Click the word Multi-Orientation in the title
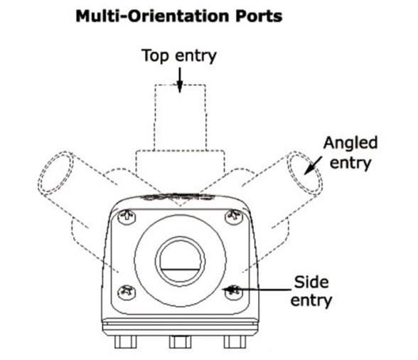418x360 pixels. tap(153, 16)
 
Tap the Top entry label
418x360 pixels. tap(179, 56)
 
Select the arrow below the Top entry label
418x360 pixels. tap(180, 80)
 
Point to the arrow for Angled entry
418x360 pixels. tap(313, 165)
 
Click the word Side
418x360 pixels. tap(311, 282)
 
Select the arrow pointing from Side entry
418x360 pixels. tap(257, 289)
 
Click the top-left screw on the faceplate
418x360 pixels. tap(127, 217)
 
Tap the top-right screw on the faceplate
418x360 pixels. tap(234, 216)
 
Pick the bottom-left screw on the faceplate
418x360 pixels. tap(127, 292)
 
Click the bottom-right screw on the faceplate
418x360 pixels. tap(234, 292)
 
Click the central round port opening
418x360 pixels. tap(181, 260)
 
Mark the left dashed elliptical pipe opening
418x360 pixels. tap(55, 173)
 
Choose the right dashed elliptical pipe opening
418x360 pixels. tap(304, 173)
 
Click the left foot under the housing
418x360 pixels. tap(125, 342)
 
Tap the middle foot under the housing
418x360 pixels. tap(180, 342)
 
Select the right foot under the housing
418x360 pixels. tap(235, 342)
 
